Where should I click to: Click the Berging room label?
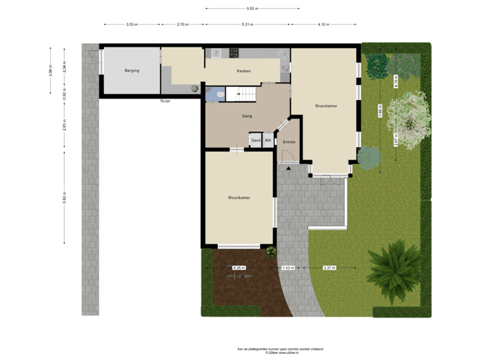click(131, 71)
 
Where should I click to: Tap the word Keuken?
click(244, 71)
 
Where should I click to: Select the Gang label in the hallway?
click(247, 116)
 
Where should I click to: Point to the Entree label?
click(289, 142)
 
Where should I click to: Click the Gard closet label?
click(255, 141)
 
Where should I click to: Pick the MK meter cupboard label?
click(268, 141)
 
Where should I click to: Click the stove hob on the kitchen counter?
click(234, 53)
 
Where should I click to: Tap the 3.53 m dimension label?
click(132, 24)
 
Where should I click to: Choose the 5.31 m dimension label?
click(247, 24)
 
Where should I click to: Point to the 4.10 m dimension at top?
click(323, 24)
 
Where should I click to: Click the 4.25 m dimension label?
click(238, 267)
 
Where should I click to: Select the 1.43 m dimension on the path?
click(288, 267)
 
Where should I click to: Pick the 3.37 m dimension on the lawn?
click(329, 267)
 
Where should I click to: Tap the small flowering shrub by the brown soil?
click(271, 251)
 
